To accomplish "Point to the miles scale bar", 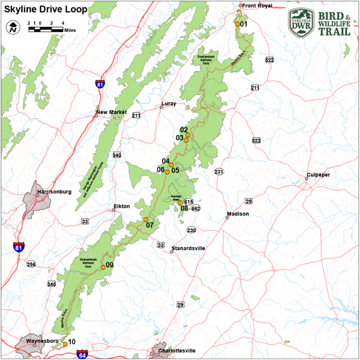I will pos(45,29).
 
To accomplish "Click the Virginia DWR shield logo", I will pos(301,22).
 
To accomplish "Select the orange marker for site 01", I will pos(237,24).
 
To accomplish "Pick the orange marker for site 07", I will pos(145,219).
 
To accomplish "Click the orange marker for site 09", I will pos(103,267).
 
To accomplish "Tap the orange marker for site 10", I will pos(65,344).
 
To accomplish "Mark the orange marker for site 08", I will pos(180,203).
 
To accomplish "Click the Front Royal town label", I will pos(256,6).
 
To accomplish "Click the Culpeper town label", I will pos(318,175).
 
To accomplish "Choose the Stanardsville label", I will pos(188,248).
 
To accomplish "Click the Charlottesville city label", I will pos(177,351).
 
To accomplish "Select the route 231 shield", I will pos(219,172).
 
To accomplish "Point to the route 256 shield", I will pos(31,264).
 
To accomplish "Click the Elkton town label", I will pos(121,206).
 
